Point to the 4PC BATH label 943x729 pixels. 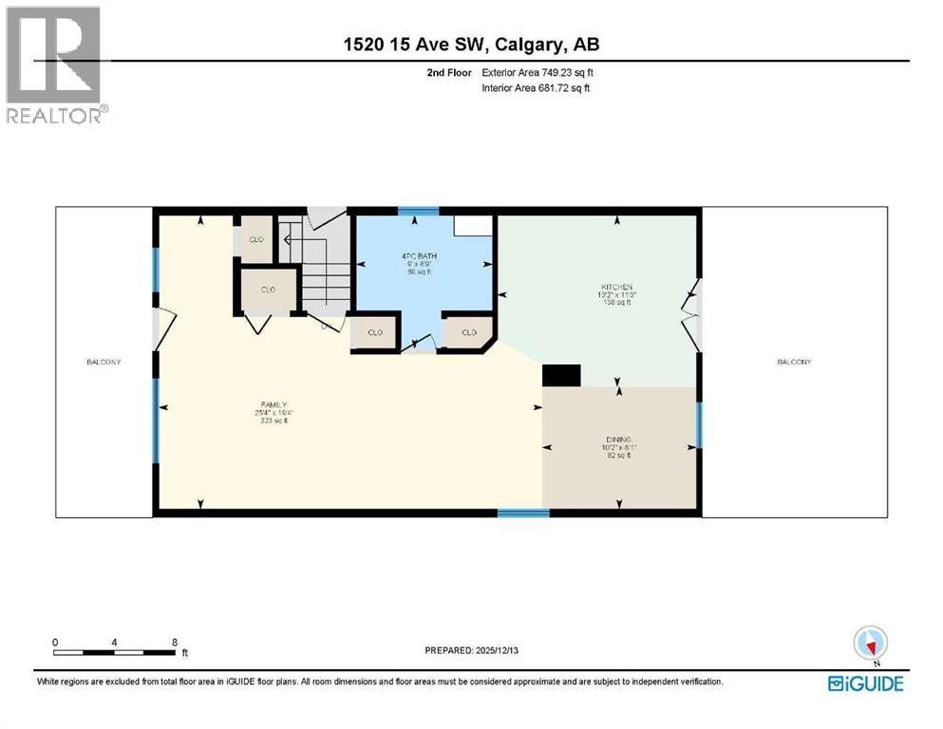[x=413, y=255]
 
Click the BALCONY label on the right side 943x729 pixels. [x=794, y=362]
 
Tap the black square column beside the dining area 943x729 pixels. [x=560, y=376]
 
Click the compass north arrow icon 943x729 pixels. [x=870, y=645]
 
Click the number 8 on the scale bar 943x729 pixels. [x=174, y=643]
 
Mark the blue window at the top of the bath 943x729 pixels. [x=411, y=211]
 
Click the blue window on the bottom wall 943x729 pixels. [x=523, y=514]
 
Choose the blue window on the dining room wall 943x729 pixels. [x=699, y=424]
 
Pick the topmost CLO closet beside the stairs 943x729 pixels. [x=255, y=239]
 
